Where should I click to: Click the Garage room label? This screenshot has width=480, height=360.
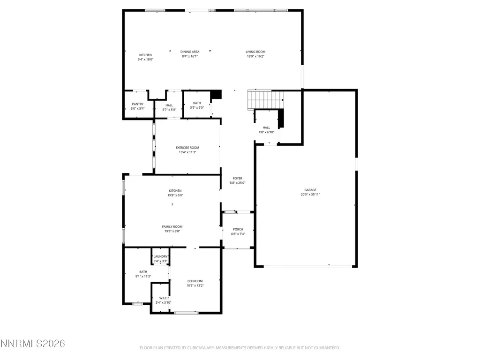pos(310,190)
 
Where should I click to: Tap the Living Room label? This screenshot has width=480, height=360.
pos(255,52)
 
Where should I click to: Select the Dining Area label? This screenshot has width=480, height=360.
pos(190,52)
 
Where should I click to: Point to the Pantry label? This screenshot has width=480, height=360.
pos(137,104)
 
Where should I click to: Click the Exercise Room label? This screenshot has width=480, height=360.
pos(187,148)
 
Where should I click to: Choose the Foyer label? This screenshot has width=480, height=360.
pos(238,178)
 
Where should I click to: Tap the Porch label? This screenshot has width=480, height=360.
pos(238,229)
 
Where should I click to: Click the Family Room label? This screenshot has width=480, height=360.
pos(172,227)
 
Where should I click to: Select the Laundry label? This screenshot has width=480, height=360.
pos(160,256)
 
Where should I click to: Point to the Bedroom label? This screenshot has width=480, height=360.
pos(195,281)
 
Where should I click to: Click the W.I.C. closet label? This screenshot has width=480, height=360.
pos(163,298)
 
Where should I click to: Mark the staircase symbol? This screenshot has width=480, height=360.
pos(265,100)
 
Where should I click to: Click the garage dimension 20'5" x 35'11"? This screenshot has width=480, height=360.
pos(310,195)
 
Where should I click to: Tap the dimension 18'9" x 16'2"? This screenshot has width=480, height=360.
pos(255,56)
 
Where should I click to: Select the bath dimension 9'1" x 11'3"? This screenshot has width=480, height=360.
pos(143,277)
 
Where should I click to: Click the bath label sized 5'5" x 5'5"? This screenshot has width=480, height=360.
pos(197,103)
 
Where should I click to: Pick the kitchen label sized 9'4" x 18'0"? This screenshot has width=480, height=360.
pos(145,55)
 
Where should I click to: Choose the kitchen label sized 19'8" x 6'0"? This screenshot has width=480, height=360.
pos(175,191)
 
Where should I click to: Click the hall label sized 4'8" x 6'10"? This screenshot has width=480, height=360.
pos(266,127)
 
